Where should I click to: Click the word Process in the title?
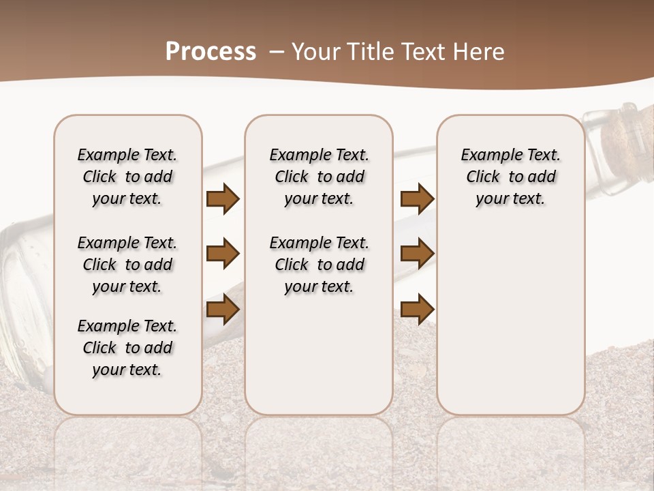coord(211,52)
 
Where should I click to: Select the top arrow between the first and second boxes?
coord(223,199)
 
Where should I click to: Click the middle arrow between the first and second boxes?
coord(223,254)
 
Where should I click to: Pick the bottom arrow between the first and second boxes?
coord(223,310)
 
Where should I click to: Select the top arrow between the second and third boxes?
coord(417,199)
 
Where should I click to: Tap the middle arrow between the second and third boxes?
coord(417,254)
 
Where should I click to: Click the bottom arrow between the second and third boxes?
coord(417,310)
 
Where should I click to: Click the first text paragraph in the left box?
coord(127,177)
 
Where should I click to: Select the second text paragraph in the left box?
coord(127,265)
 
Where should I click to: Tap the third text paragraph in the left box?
coord(127,348)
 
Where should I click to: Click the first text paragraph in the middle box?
coord(319,177)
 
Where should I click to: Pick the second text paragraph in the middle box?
coord(319,265)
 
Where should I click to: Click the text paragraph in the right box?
coord(510,177)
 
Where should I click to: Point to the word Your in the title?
coord(317,52)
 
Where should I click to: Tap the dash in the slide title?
coord(277,52)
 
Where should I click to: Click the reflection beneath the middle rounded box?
coord(319,450)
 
